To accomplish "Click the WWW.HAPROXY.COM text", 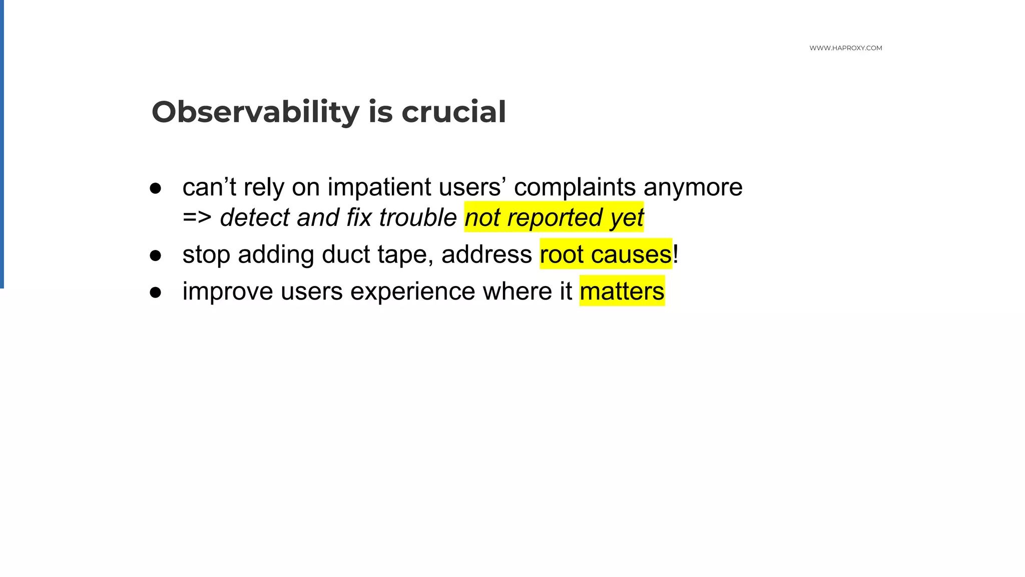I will pyautogui.click(x=845, y=48).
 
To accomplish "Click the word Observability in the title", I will pyautogui.click(x=255, y=112).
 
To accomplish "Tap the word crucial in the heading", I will pyautogui.click(x=453, y=112).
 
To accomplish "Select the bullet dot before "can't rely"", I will pyautogui.click(x=156, y=188).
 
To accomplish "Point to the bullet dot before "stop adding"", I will pyautogui.click(x=156, y=255).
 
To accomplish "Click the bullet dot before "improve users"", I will pyautogui.click(x=156, y=292).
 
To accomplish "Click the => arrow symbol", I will pyautogui.click(x=197, y=218).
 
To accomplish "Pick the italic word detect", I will pyautogui.click(x=255, y=218).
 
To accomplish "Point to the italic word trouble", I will pyautogui.click(x=418, y=218).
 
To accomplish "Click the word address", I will pyautogui.click(x=486, y=254).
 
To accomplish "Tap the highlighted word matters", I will pyautogui.click(x=622, y=292).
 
